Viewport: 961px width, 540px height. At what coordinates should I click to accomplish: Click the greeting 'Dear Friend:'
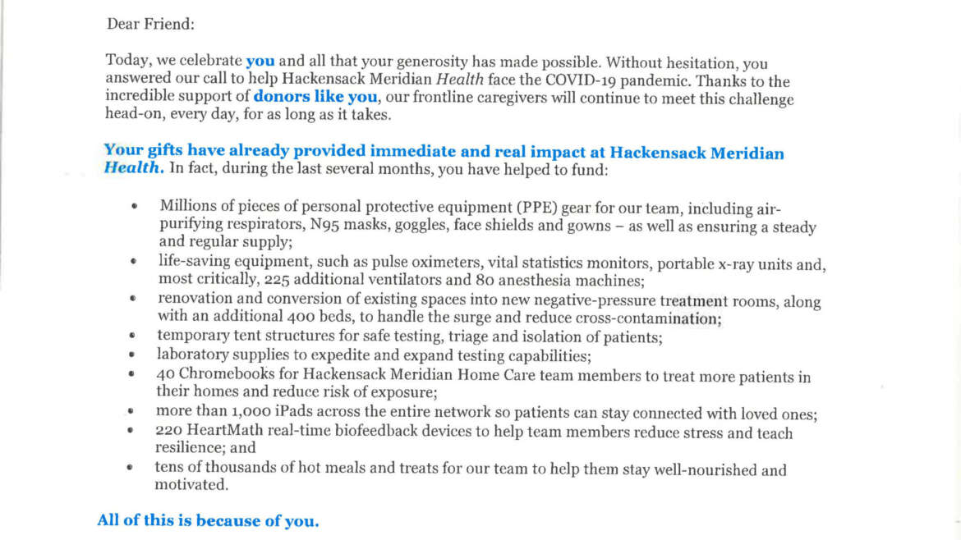150,24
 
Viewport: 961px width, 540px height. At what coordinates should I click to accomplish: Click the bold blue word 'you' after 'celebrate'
260,62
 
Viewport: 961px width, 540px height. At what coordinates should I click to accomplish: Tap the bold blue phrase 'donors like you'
315,98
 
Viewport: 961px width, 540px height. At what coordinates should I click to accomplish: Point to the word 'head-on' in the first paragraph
131,116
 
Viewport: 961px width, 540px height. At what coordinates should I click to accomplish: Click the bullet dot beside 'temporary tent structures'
131,336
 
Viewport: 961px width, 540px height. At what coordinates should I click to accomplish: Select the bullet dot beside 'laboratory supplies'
131,355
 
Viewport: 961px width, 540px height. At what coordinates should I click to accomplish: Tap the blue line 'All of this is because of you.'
208,520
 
